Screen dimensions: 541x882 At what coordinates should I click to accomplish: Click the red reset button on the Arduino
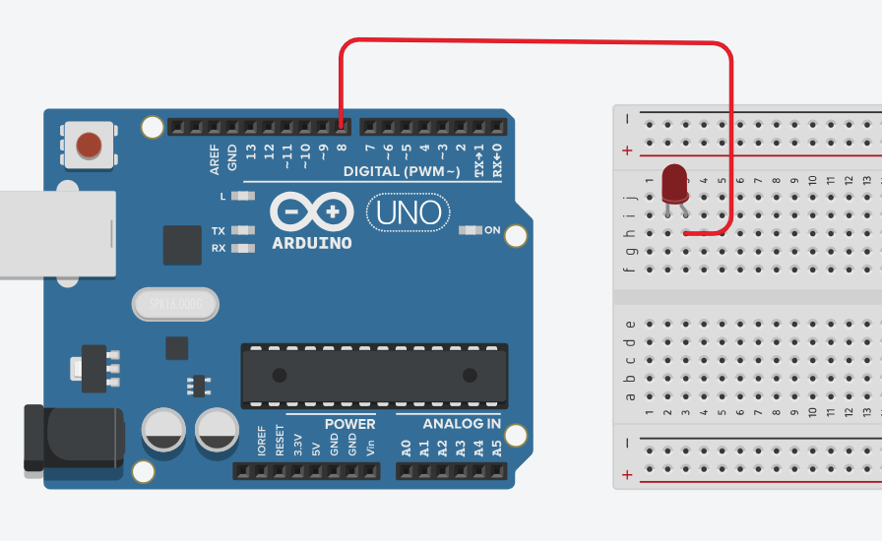tap(89, 146)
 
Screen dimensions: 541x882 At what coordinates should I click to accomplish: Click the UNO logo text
tap(409, 211)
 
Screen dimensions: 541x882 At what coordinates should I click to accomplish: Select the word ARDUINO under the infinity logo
tap(312, 242)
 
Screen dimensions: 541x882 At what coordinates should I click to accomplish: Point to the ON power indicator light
tap(471, 231)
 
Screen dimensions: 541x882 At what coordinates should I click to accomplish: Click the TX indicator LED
tap(241, 231)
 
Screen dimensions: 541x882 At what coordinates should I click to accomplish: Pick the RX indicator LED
tap(241, 248)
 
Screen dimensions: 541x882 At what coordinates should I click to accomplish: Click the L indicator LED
tap(241, 196)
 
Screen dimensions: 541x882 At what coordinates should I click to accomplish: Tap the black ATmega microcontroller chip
tap(375, 375)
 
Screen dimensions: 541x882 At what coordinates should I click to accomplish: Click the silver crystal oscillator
tap(174, 305)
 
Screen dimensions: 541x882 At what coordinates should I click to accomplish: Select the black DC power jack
tap(74, 438)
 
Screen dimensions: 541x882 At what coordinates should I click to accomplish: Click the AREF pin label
tap(216, 160)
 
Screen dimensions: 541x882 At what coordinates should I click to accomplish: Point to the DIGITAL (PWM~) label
tap(402, 172)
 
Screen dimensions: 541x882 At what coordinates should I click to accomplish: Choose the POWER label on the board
tap(349, 424)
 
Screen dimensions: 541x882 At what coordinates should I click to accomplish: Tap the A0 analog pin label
tap(406, 448)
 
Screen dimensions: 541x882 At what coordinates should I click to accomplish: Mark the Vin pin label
tap(371, 447)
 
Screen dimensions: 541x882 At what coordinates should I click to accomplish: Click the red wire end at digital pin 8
tap(341, 124)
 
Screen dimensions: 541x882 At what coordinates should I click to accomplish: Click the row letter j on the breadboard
tap(631, 198)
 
